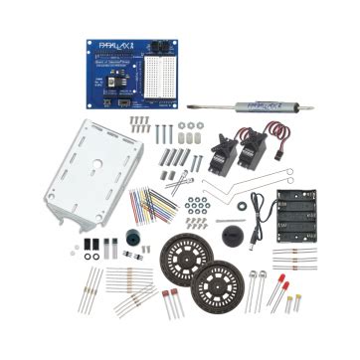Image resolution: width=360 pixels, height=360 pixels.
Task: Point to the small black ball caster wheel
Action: (235, 236)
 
